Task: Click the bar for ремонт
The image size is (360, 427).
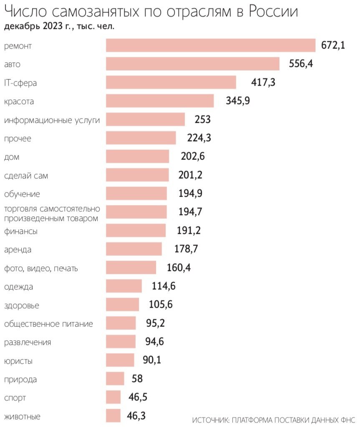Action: [210, 45]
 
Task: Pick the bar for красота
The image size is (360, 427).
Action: [160, 101]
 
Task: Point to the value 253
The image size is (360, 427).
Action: [203, 119]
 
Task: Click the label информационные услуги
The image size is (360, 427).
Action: [52, 120]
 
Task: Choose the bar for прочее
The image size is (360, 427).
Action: [141, 138]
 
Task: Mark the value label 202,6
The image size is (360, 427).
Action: [193, 157]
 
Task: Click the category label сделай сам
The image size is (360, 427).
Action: [26, 176]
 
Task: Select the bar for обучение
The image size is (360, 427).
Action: [136, 194]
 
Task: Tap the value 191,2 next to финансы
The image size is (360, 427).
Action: [190, 230]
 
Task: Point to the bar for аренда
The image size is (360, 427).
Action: [134, 249]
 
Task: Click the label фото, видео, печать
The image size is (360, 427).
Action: [41, 268]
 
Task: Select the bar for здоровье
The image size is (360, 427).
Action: [122, 305]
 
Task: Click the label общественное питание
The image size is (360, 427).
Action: [48, 323]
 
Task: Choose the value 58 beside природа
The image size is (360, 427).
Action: [137, 379]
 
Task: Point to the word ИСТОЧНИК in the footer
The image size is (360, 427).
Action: [210, 419]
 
